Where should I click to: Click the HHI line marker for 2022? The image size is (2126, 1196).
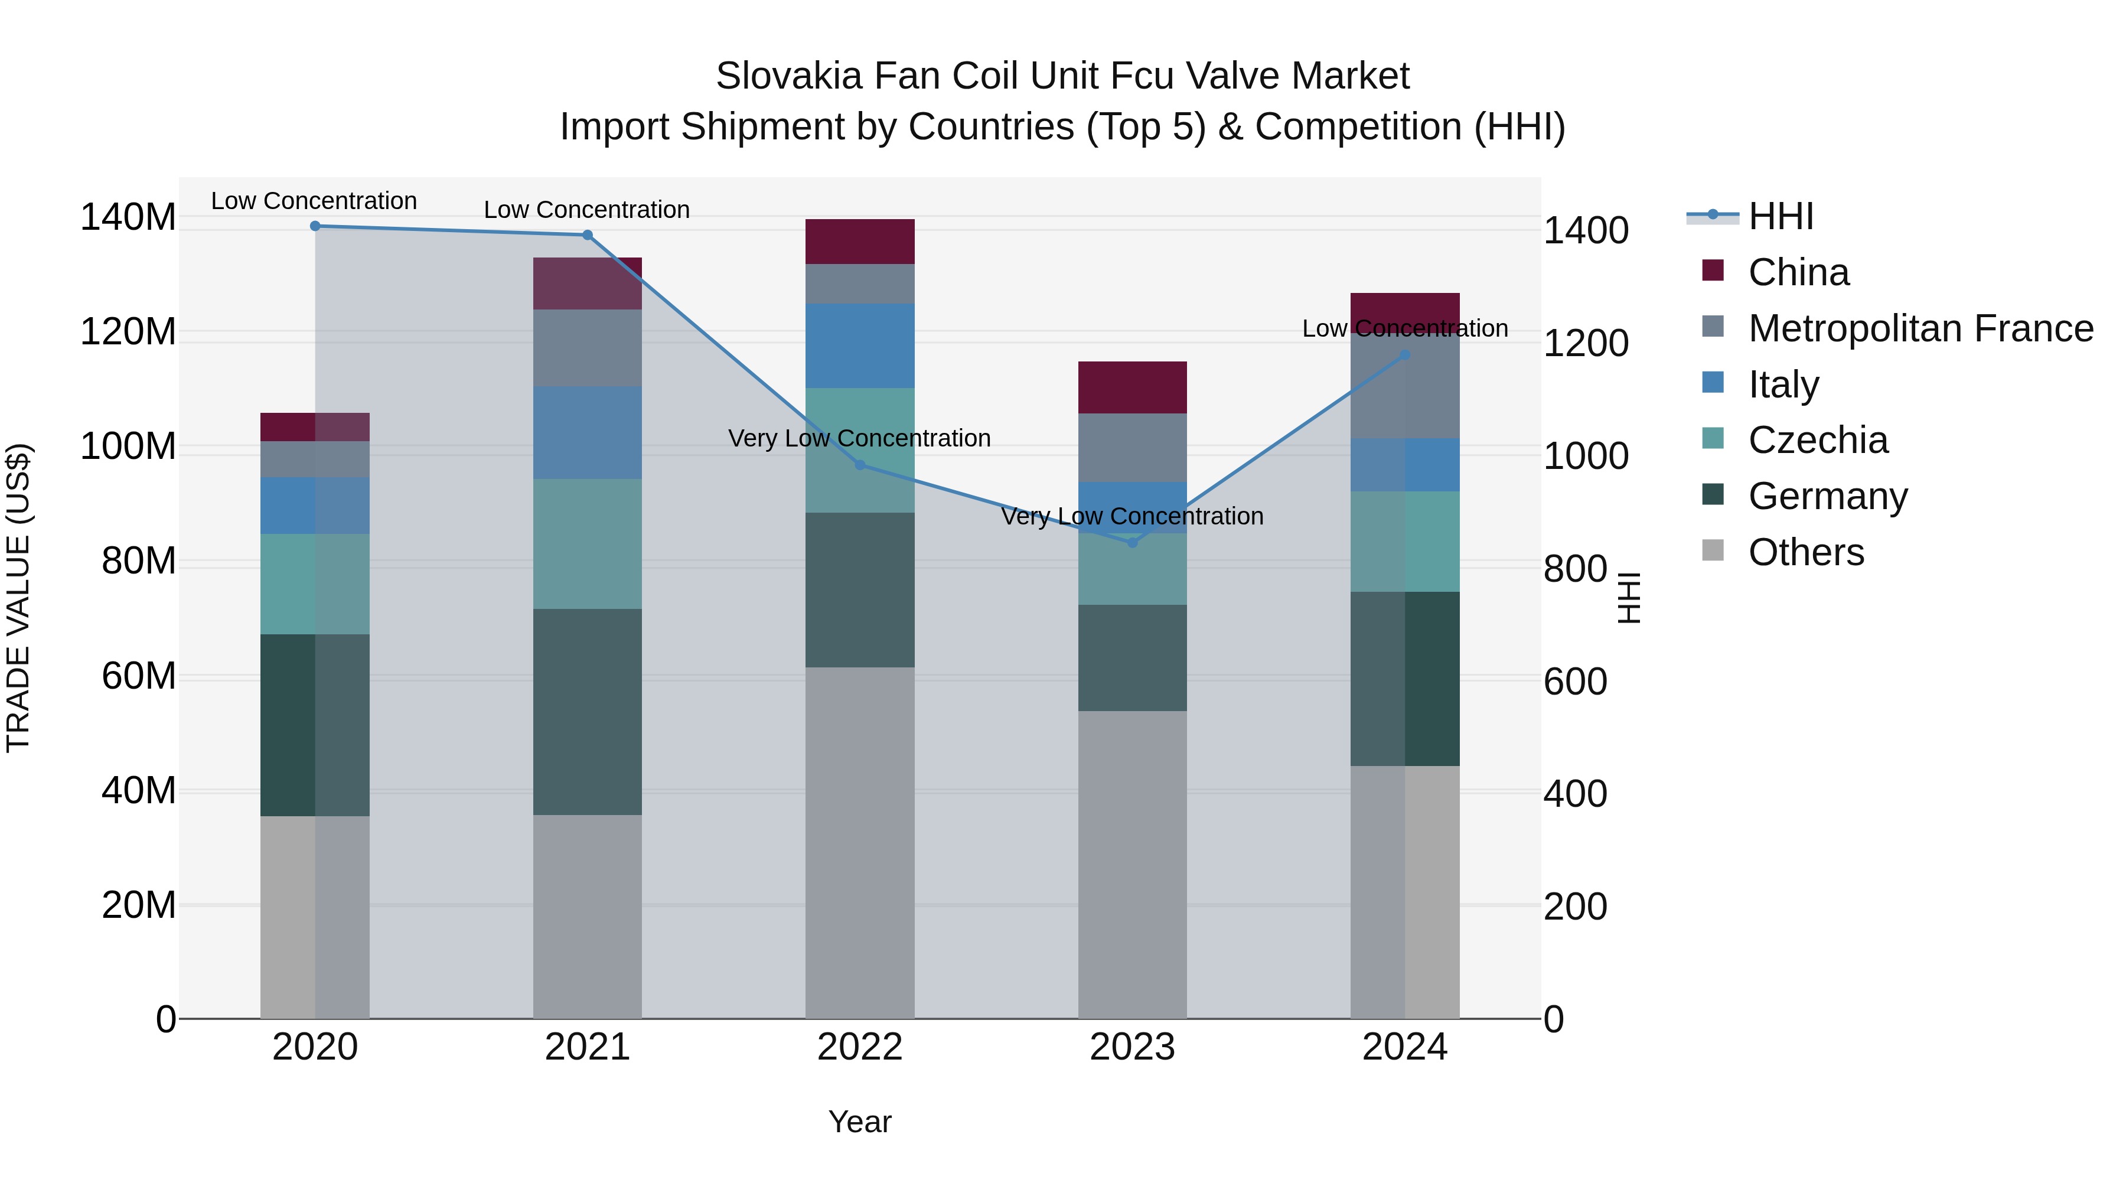coord(860,465)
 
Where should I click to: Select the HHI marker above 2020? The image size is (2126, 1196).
coord(315,226)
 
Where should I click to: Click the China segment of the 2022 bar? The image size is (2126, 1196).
coord(860,242)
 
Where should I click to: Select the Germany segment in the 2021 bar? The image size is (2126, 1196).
coord(588,712)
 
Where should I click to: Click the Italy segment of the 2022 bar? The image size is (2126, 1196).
coord(860,346)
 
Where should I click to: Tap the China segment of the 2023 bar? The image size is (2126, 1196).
coord(1132,387)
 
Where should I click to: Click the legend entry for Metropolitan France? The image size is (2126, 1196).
coord(1920,328)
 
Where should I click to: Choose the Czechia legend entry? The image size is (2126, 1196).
coord(1817,440)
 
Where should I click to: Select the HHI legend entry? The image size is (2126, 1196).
coord(1780,216)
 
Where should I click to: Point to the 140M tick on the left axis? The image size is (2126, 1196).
coord(128,218)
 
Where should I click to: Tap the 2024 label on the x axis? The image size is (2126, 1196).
coord(1405,1047)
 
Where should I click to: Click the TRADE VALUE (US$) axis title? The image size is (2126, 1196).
coord(18,598)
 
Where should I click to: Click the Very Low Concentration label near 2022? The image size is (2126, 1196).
coord(859,438)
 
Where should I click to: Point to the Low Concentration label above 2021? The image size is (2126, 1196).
coord(587,210)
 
